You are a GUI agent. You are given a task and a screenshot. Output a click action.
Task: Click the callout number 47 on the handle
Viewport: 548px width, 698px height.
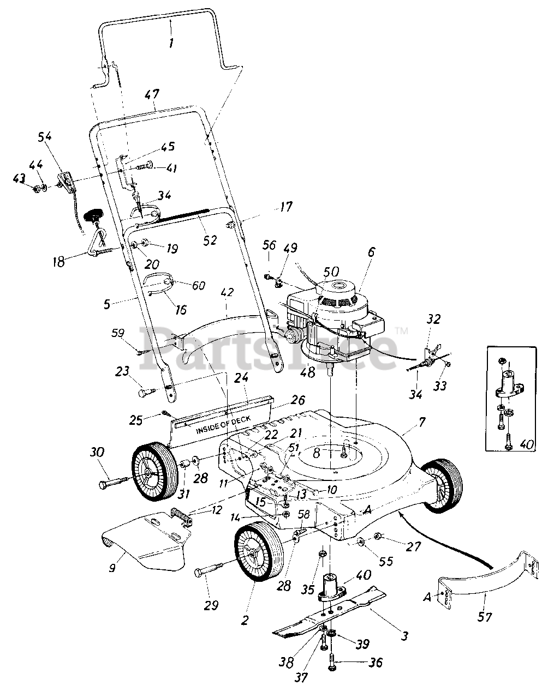[152, 95]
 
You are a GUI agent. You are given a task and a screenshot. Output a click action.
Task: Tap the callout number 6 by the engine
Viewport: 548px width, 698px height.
[371, 252]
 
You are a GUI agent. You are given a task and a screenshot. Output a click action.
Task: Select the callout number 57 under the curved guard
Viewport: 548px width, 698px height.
[485, 617]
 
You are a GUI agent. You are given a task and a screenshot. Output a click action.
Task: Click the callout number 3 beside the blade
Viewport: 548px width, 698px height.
[404, 635]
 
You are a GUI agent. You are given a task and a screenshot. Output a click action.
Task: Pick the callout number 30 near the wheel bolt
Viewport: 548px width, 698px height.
[97, 452]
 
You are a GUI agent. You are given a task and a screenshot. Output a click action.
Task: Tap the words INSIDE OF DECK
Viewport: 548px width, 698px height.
[223, 425]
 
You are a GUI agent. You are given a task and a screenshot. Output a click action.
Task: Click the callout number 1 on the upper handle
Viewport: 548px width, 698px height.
[171, 43]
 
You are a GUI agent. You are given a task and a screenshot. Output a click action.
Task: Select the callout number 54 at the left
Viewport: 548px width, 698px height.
[44, 136]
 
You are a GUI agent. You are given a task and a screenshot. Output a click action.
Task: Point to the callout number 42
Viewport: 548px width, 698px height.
[227, 292]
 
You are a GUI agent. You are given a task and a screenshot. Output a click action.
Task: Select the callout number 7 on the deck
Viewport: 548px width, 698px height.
[422, 421]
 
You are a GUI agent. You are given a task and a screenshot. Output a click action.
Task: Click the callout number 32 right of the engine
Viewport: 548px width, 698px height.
[433, 320]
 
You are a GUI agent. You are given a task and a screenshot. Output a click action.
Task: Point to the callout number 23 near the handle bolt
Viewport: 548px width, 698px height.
[122, 371]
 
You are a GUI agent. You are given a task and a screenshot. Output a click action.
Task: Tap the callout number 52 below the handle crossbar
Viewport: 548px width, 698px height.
[210, 239]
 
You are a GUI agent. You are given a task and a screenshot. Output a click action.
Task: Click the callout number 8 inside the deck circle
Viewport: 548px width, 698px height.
[317, 453]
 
